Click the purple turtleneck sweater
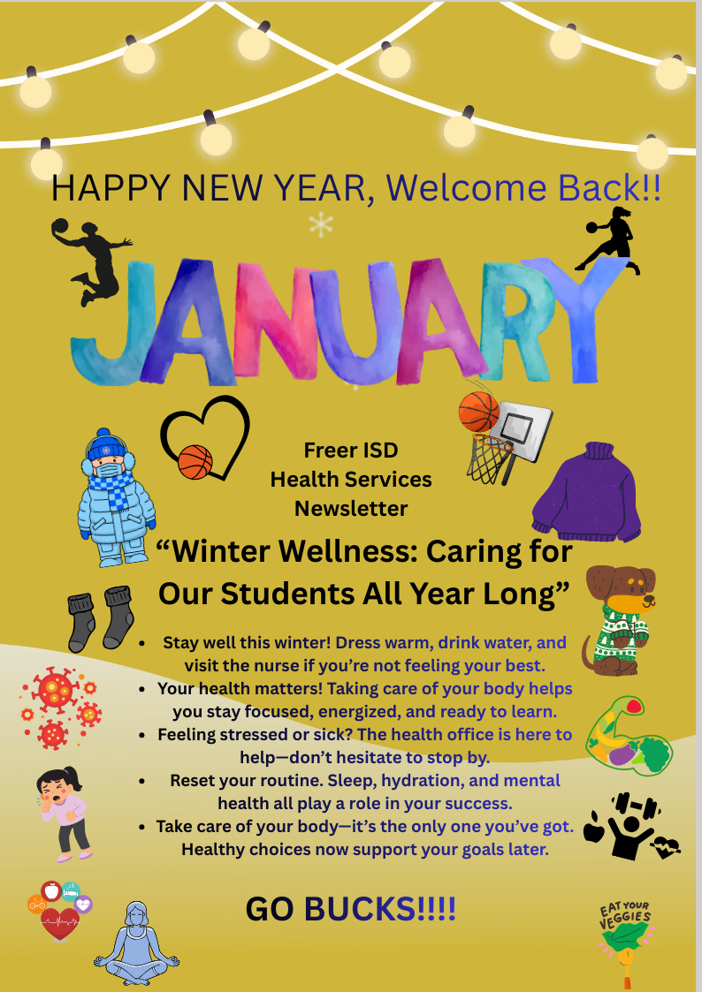click(x=587, y=492)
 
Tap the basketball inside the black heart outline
click(x=195, y=461)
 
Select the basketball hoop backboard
click(x=524, y=426)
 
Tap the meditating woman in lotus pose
click(x=136, y=945)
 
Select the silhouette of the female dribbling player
click(x=610, y=239)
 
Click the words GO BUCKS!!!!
click(x=350, y=909)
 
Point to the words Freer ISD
click(x=351, y=450)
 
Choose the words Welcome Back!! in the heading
click(x=523, y=188)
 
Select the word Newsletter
click(x=351, y=508)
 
